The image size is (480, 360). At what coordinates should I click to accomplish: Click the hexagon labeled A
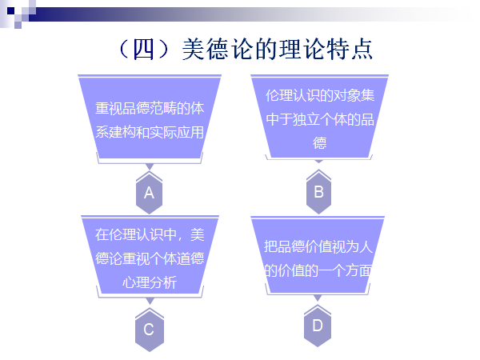click(148, 193)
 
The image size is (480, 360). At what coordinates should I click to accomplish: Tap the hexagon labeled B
click(318, 192)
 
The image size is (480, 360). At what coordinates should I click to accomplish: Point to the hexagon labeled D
click(318, 326)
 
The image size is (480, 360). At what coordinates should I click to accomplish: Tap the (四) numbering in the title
click(145, 49)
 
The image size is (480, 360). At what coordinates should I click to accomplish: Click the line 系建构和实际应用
click(148, 133)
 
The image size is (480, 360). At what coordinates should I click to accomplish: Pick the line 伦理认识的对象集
click(319, 95)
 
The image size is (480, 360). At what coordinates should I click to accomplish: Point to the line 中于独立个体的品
click(319, 119)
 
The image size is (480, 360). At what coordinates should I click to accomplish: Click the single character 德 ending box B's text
click(319, 143)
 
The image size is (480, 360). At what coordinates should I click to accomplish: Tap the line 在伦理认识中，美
click(150, 235)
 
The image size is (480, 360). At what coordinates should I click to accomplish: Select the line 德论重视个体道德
click(150, 258)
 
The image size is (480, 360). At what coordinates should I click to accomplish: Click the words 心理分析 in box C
click(150, 282)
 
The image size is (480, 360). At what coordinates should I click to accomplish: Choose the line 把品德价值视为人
click(319, 247)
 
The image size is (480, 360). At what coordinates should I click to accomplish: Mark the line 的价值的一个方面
click(319, 270)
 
